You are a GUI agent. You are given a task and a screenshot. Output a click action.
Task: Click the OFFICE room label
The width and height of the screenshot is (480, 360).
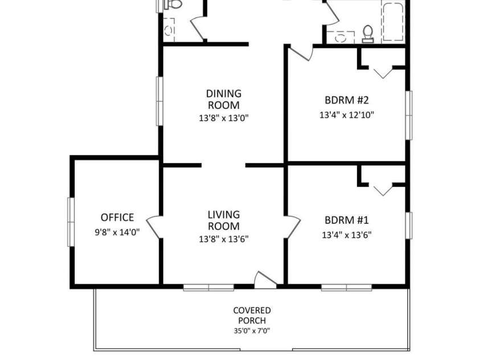coord(117,218)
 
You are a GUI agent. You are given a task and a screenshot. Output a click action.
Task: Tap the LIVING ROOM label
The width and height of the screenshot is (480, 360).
coord(224,220)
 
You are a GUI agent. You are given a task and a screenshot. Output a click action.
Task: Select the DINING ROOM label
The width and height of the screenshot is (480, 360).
coord(224,99)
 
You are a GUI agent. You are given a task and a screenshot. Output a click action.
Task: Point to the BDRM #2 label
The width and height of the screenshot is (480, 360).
coord(347,100)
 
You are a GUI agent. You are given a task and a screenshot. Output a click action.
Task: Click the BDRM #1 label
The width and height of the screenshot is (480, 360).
coord(347,220)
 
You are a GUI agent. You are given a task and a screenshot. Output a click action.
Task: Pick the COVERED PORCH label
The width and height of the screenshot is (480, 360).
coord(252,316)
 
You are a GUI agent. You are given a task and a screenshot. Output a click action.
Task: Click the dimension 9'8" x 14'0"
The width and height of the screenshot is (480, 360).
coord(117,232)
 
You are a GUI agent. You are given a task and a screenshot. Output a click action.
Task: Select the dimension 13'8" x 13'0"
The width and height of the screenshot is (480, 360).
coord(224,118)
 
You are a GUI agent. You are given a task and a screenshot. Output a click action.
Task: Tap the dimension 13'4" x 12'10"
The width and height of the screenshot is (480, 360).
coord(347,115)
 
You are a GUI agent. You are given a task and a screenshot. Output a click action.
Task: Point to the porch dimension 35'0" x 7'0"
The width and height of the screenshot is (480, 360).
coord(252,330)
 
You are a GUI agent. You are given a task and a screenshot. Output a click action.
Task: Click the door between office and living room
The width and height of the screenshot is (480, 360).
coord(154,227)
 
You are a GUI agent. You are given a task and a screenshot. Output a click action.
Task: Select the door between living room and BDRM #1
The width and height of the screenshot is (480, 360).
coord(293,227)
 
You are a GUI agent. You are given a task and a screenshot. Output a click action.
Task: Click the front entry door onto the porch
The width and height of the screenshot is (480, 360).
coord(266,280)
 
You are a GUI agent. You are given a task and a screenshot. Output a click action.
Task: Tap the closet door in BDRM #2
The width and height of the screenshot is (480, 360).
coord(383,73)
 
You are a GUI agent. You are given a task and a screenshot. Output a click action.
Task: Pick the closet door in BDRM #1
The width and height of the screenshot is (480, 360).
coord(383,190)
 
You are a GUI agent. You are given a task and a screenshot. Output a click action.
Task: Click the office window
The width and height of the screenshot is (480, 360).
coord(71,222)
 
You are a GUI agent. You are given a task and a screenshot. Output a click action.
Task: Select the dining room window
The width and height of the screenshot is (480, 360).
coord(159,101)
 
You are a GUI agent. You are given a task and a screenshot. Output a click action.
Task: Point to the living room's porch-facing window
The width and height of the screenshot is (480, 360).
coord(209,288)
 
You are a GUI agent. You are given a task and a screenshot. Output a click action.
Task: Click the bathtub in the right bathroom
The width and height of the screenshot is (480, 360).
coord(393,22)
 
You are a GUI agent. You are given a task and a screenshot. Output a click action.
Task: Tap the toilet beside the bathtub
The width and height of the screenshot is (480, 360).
coord(368,34)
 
